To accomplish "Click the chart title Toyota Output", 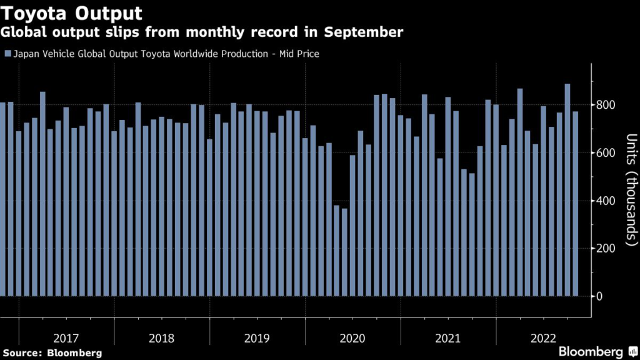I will (x=73, y=12).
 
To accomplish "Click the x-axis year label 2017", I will (x=66, y=338).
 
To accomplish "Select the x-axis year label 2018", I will (x=161, y=338).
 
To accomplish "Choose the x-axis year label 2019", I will (x=257, y=338).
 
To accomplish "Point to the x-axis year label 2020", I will (x=352, y=338).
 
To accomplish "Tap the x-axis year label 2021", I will (x=447, y=338).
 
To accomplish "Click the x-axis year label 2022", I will (x=543, y=338).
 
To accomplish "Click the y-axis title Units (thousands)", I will (x=631, y=188).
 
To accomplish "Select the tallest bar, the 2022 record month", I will (x=567, y=187).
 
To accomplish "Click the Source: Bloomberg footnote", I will (x=52, y=353).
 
